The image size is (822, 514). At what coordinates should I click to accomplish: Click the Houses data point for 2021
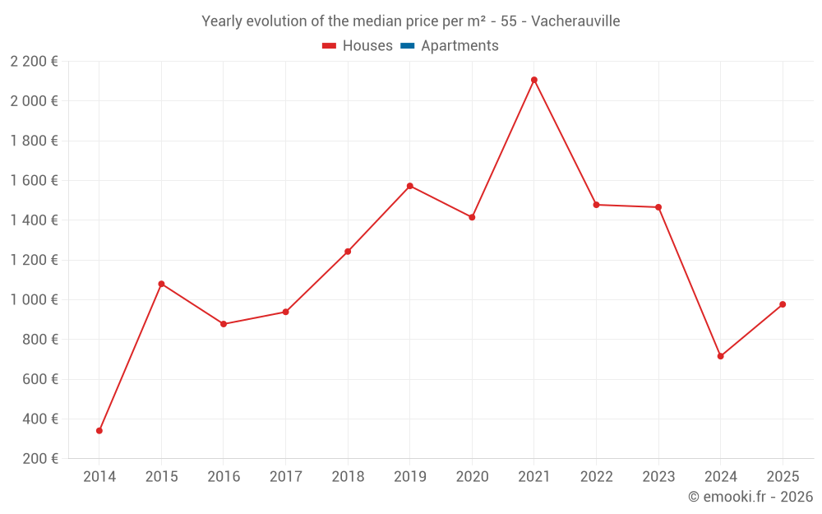(534, 80)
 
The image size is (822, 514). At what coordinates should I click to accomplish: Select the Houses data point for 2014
(99, 430)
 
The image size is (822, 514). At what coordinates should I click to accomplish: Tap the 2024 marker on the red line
(720, 356)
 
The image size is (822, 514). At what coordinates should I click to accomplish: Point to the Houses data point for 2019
(410, 186)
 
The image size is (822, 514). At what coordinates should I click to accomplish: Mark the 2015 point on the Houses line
(161, 284)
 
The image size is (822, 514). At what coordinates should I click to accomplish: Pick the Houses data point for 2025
(783, 304)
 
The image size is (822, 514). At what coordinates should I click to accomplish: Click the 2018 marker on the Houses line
(348, 252)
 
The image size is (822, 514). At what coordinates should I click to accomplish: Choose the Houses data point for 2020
(472, 217)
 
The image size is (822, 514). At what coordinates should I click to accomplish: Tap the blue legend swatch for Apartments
(407, 46)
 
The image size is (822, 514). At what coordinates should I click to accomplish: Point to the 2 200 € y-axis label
(35, 61)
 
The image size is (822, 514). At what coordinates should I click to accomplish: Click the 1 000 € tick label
(35, 299)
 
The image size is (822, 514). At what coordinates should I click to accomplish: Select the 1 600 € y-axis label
(35, 180)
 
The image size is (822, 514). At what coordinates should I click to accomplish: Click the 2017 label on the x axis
(285, 477)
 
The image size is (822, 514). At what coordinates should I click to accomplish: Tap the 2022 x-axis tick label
(596, 477)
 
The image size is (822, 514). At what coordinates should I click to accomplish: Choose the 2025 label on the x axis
(783, 477)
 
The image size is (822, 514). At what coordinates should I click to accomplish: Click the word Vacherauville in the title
(575, 21)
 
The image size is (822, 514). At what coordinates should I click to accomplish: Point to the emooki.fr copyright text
(750, 497)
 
